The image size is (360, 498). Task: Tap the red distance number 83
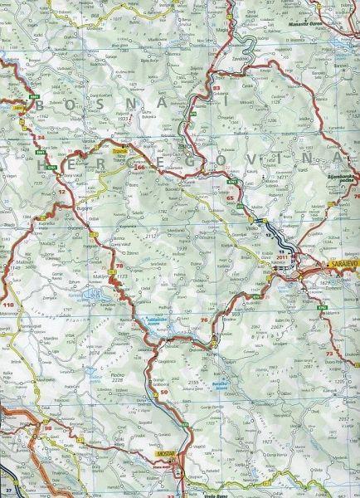tap(216, 87)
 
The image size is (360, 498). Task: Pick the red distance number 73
tap(329, 354)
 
